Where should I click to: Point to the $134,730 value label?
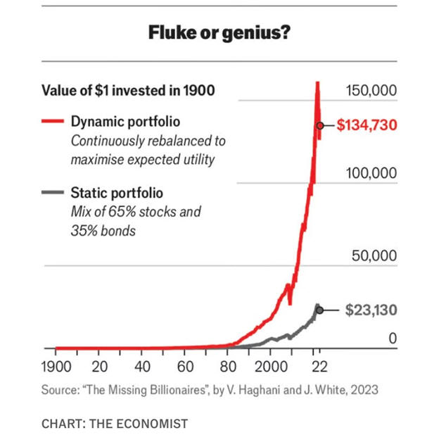pos(367,125)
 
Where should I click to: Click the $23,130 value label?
pos(372,310)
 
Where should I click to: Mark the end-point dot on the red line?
pos(320,125)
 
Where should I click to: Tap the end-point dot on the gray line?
pos(320,310)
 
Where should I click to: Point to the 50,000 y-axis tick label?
pos(374,256)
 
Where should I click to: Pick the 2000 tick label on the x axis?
pos(272,367)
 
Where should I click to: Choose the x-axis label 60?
pos(186,367)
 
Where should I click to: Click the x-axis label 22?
pos(318,367)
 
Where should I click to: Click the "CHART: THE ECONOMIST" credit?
pos(115,424)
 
